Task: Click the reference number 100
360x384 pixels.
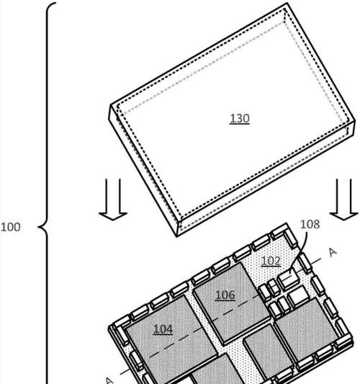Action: (x=11, y=227)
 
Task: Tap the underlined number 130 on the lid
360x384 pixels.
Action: (x=240, y=119)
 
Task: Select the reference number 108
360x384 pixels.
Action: (x=310, y=224)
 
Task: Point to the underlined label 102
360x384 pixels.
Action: (x=271, y=261)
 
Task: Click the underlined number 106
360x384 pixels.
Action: (x=225, y=295)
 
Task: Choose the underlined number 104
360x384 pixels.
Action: (x=163, y=329)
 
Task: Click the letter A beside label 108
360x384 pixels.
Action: (x=333, y=252)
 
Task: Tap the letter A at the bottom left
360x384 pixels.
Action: (x=109, y=380)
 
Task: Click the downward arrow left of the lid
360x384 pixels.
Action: (x=113, y=200)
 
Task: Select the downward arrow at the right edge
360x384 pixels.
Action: (x=344, y=200)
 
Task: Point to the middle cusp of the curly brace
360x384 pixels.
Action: (x=38, y=227)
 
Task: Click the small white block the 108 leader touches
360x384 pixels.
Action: (x=288, y=279)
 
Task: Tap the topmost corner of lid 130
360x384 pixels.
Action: (x=287, y=4)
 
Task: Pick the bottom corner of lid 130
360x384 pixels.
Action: (x=176, y=236)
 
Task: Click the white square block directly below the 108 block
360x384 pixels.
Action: (x=298, y=297)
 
